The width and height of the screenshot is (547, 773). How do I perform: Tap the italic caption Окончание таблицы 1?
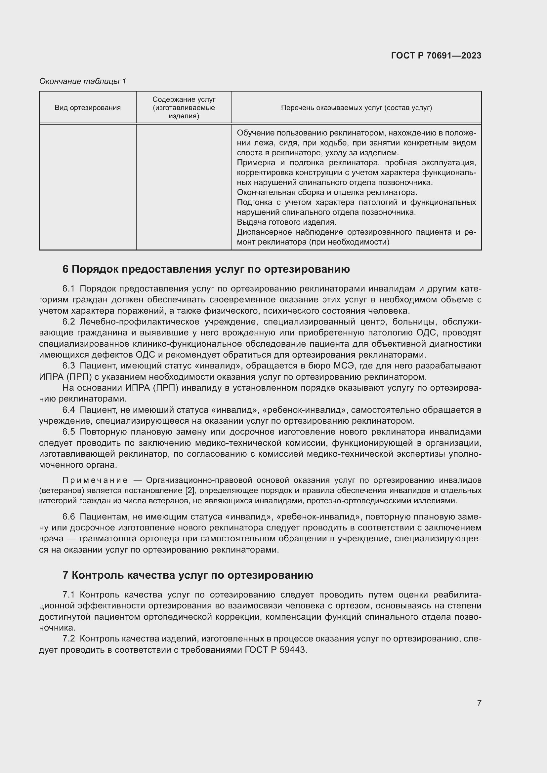pos(83,81)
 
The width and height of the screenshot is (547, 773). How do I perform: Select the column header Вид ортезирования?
pos(88,108)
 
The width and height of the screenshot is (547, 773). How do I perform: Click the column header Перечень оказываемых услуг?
pos(357,108)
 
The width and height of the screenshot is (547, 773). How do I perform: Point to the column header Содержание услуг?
pos(184,107)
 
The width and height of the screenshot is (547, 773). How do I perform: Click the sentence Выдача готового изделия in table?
pos(286,222)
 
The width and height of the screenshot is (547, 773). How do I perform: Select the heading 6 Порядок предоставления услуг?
pos(206,269)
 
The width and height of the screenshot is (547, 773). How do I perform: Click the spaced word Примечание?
pos(95,480)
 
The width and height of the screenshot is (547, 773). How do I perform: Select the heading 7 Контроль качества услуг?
pos(188,575)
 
